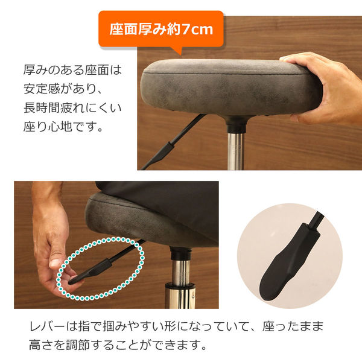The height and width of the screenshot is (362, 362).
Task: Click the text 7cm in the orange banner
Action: [197, 30]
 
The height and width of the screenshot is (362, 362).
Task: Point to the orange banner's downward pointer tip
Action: [180, 55]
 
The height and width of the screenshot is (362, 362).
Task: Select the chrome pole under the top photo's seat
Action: [235, 151]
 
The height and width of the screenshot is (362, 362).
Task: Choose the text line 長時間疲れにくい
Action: [72, 107]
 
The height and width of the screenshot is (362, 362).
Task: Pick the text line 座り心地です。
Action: [63, 127]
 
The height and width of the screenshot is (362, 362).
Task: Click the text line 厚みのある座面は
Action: [72, 70]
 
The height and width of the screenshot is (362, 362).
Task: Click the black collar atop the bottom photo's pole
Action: [180, 253]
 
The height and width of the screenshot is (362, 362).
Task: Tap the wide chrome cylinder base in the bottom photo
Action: [180, 296]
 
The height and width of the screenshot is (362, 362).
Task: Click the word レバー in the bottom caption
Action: [47, 326]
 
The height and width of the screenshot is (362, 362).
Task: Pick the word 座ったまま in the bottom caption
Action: [293, 326]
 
